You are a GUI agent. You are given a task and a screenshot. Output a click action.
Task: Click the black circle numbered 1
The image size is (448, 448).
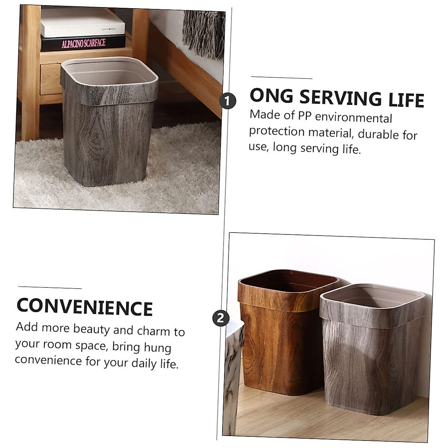pos(228,101)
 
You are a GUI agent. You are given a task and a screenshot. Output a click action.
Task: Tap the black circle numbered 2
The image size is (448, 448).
pos(221,318)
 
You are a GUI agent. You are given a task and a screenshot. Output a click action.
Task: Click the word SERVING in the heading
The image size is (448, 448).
pos(341,98)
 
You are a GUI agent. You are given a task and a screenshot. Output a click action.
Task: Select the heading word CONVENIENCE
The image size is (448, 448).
pos(85,307)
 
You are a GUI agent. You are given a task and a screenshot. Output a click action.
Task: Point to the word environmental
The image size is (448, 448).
pos(353,118)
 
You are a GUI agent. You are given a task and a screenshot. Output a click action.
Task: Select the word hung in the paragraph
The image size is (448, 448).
pos(157,348)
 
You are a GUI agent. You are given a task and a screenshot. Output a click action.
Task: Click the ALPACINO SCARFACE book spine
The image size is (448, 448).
pos(83,43)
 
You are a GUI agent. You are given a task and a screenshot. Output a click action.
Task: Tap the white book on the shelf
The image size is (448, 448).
pos(82,23)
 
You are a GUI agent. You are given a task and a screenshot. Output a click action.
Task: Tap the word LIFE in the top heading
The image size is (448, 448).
pos(406,100)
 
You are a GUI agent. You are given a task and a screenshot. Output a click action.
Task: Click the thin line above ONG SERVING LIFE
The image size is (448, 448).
pos(281,78)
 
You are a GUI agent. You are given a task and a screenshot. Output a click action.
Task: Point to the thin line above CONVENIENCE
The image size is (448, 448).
pos(50,287)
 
